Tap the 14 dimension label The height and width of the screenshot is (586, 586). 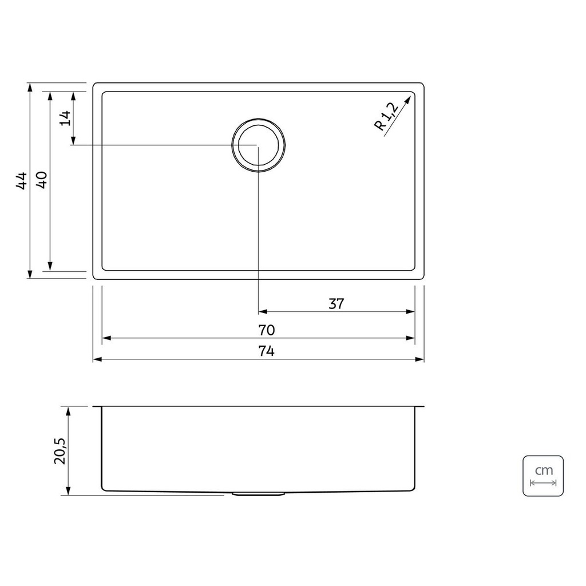[65, 118]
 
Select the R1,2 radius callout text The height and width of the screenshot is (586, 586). [385, 117]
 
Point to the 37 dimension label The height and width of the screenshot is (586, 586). [336, 304]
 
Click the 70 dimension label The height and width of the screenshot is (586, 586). [267, 330]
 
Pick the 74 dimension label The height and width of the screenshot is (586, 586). [267, 351]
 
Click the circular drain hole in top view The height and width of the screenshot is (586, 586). [258, 145]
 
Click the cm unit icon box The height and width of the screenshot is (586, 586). [543, 476]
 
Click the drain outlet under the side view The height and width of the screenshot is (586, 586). [258, 493]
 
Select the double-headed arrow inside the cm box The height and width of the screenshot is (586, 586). [543, 483]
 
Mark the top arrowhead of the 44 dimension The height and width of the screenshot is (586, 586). [29, 88]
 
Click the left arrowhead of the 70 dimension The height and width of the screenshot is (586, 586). [106, 338]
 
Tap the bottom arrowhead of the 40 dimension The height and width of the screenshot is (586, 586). [50, 266]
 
